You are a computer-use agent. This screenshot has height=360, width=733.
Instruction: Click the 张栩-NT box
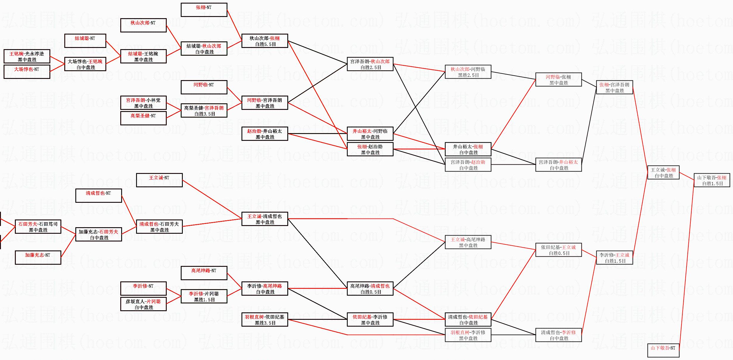click(204, 10)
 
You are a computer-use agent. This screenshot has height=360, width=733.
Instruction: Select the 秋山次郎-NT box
click(143, 25)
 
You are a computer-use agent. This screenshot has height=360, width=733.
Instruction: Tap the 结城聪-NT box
click(85, 41)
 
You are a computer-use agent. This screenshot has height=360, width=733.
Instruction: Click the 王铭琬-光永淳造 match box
click(27, 57)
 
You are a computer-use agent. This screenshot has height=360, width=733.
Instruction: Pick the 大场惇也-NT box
click(27, 72)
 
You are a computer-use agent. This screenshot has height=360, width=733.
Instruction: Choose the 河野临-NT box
click(204, 87)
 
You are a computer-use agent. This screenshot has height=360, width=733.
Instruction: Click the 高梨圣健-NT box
click(143, 118)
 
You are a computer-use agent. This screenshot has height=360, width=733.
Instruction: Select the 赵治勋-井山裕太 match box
click(265, 134)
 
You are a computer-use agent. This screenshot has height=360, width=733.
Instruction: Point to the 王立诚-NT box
click(159, 180)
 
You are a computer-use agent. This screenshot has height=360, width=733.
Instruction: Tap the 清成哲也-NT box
click(99, 196)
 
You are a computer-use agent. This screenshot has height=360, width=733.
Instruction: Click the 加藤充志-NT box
click(38, 258)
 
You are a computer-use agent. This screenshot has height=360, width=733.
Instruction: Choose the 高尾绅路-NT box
click(204, 273)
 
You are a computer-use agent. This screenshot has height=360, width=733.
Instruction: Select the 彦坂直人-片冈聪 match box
click(143, 304)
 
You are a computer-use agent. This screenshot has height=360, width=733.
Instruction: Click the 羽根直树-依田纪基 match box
click(265, 320)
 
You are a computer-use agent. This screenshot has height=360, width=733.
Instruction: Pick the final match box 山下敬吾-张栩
click(712, 180)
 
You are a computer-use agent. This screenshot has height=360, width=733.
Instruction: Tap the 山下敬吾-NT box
click(663, 350)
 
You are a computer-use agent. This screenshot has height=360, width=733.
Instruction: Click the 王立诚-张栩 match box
click(663, 173)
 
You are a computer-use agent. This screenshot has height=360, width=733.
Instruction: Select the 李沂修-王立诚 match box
click(615, 258)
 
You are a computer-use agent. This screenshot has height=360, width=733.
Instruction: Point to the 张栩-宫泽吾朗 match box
click(615, 88)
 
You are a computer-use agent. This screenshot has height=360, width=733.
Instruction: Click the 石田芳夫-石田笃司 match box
click(38, 227)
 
